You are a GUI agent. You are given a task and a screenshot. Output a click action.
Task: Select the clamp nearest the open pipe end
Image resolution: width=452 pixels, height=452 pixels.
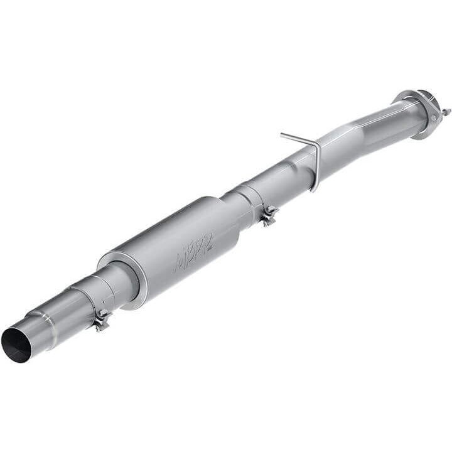pyautogui.click(x=101, y=321)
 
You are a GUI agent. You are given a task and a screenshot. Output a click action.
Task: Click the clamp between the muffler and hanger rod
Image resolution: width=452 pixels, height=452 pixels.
pyautogui.click(x=269, y=215)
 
